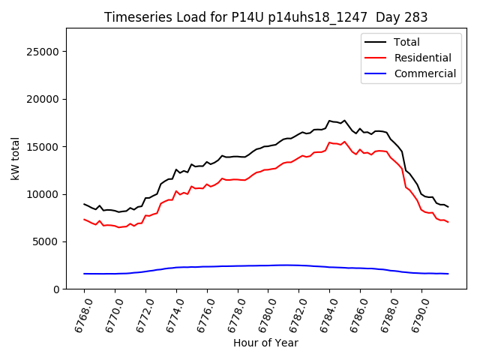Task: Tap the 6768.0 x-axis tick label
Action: coord(79,313)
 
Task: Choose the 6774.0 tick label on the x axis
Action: coord(172,313)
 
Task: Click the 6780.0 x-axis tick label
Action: coord(263,313)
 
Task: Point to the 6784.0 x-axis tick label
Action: coord(325,313)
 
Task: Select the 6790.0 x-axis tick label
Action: coord(417,313)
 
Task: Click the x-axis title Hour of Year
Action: coord(266,343)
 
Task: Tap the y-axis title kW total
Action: coord(16,158)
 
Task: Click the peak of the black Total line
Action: coord(329,120)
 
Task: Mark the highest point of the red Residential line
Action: coord(329,142)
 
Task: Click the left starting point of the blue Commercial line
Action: coord(84,274)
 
